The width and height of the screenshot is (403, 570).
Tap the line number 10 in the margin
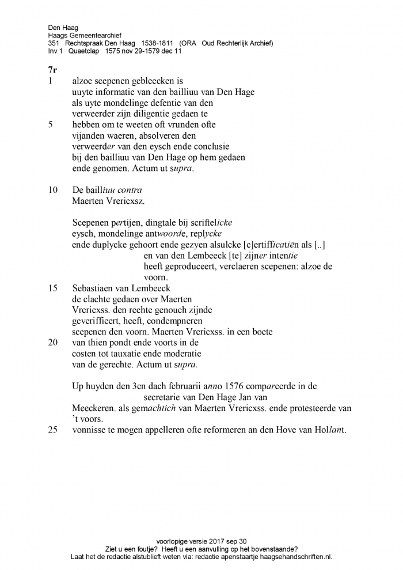pyautogui.click(x=53, y=190)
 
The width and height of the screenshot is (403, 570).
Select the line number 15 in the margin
pyautogui.click(x=53, y=288)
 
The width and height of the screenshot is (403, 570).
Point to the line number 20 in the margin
pyautogui.click(x=53, y=343)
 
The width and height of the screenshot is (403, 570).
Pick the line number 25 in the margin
pyautogui.click(x=53, y=430)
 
